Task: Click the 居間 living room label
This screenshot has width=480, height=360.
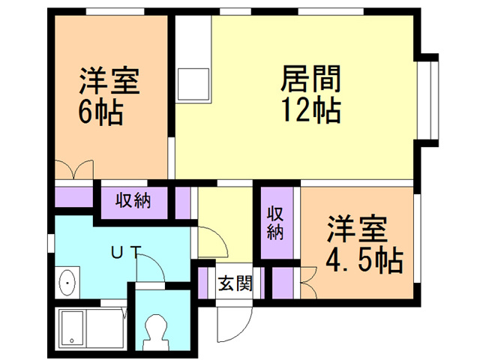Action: click(x=311, y=78)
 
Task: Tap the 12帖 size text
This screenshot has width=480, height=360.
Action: click(x=311, y=111)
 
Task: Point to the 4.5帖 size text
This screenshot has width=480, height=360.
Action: click(x=364, y=262)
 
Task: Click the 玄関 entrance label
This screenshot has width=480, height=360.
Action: click(x=235, y=283)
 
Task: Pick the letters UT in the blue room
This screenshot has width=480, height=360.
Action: click(x=124, y=253)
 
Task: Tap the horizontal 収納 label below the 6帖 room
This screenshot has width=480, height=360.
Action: click(x=133, y=200)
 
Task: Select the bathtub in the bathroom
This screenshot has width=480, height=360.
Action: click(x=88, y=327)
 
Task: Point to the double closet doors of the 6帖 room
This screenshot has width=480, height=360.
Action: click(x=74, y=169)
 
